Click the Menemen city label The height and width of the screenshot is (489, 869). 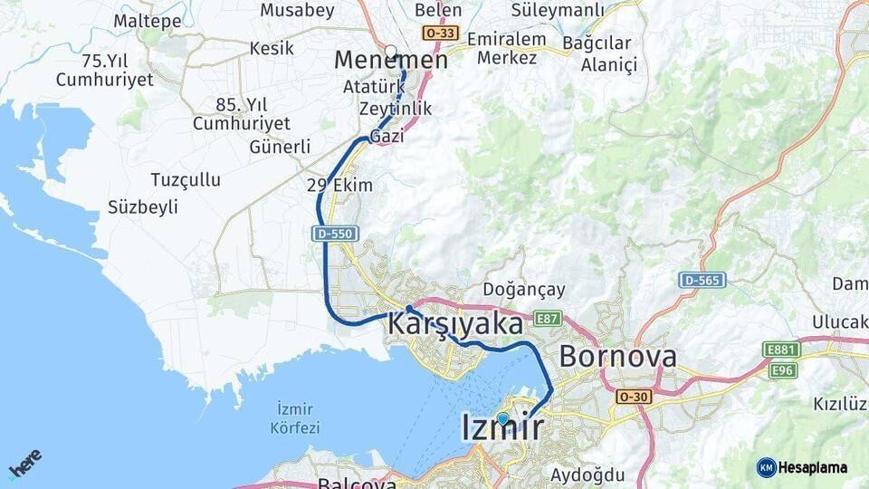click(x=391, y=61)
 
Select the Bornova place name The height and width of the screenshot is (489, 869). click(x=617, y=357)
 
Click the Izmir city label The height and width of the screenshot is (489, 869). click(x=502, y=428)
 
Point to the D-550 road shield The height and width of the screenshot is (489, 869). click(x=334, y=234)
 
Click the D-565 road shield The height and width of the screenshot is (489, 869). click(x=702, y=281)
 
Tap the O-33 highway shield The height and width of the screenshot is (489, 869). click(x=440, y=34)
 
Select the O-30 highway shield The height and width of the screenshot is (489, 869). click(x=634, y=397)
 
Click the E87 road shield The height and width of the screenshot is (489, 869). click(x=548, y=319)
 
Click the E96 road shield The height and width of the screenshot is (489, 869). click(x=782, y=369)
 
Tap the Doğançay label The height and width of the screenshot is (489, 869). click(x=524, y=290)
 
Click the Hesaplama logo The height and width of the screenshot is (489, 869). click(x=802, y=467)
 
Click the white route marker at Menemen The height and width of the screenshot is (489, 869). click(x=390, y=52)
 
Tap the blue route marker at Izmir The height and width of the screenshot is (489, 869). click(x=502, y=418)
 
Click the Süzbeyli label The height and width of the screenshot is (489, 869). click(x=143, y=207)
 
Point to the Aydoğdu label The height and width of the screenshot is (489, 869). click(x=587, y=475)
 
